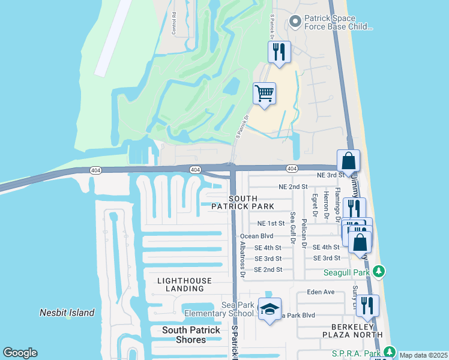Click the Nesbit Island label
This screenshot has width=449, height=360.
pyautogui.click(x=67, y=313)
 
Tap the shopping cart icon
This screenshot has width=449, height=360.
pyautogui.click(x=264, y=94)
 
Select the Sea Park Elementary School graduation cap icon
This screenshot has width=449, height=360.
pyautogui.click(x=270, y=310)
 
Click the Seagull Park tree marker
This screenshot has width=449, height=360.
pyautogui.click(x=378, y=272)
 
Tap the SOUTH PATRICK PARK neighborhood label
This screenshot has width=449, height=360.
pyautogui.click(x=251, y=202)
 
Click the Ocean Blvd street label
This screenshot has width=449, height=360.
pyautogui.click(x=256, y=236)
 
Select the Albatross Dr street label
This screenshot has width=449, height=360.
pyautogui.click(x=243, y=263)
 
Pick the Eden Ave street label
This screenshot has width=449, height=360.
pyautogui.click(x=320, y=292)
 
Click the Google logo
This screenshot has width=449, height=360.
pyautogui.click(x=20, y=353)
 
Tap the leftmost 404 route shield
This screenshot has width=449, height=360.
pyautogui.click(x=95, y=170)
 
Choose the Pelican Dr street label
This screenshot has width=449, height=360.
pyautogui.click(x=304, y=233)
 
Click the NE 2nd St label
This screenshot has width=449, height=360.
pyautogui.click(x=293, y=187)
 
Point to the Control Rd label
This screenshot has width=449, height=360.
pyautogui.click(x=173, y=22)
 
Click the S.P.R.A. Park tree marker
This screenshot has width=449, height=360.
pyautogui.click(x=390, y=352)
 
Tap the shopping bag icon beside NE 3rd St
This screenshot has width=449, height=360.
pyautogui.click(x=348, y=161)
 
